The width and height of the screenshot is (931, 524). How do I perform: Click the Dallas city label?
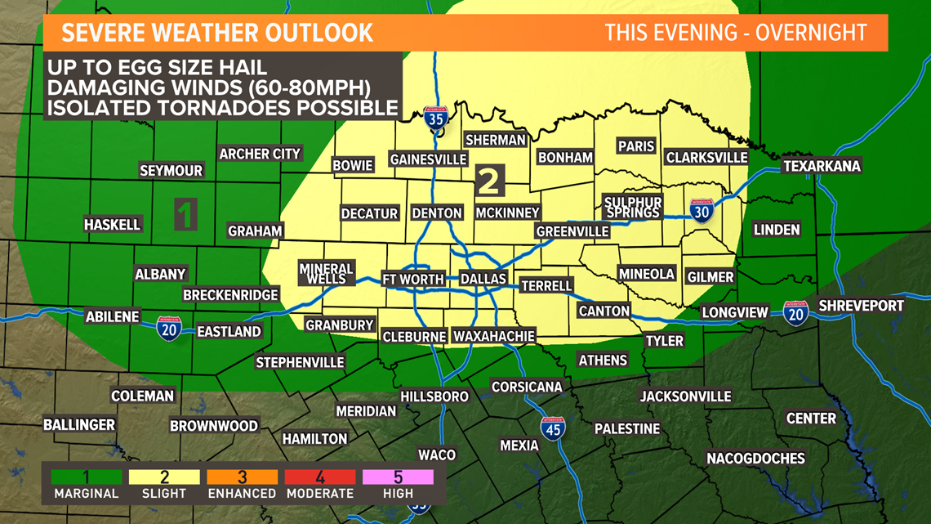483,279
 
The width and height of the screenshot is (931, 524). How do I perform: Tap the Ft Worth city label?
413,279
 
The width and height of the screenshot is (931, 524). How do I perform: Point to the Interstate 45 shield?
553,428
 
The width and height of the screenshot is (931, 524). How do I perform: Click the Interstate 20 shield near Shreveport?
795,312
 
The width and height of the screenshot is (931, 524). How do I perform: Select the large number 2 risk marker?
490,180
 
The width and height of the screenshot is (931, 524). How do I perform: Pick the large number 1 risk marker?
186,214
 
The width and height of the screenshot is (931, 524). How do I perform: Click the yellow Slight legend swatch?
164,477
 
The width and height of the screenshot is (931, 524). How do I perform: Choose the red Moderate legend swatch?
320,477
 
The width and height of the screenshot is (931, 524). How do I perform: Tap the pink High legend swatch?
399,477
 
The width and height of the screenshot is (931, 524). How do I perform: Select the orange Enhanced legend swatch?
243,477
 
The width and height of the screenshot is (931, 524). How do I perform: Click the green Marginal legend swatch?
86,477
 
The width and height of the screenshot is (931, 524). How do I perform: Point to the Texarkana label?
822,166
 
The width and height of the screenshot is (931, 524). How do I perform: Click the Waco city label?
437,454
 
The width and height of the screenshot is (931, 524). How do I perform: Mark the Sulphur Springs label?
633,207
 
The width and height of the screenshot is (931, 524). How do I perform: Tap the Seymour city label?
171,170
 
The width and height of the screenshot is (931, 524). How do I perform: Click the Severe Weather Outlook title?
218,33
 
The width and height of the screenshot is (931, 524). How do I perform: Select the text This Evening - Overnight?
736,33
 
